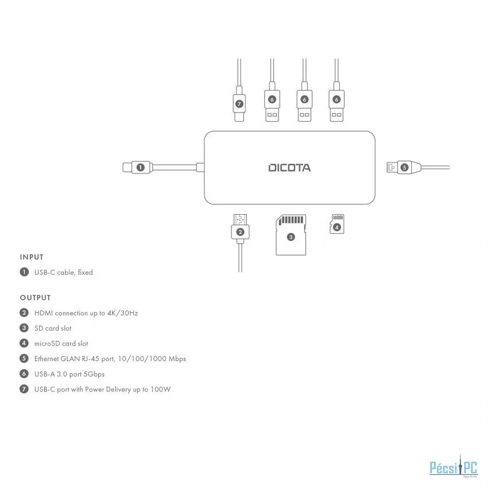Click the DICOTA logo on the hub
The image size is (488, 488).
click(289, 168)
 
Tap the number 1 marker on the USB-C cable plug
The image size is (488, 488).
click(140, 168)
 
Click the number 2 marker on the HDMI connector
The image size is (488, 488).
click(240, 232)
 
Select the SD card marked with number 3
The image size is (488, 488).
click(291, 235)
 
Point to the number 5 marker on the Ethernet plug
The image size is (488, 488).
click(404, 168)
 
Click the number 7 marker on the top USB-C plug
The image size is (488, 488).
click(239, 104)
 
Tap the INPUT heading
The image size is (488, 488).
click(32, 257)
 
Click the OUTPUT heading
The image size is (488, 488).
click(35, 297)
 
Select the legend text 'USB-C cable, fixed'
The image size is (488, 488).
click(63, 272)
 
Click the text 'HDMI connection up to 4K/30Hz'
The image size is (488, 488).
click(86, 313)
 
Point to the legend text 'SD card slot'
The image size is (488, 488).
click(53, 328)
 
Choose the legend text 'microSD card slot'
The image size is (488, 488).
click(61, 343)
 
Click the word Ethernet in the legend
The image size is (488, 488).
click(48, 359)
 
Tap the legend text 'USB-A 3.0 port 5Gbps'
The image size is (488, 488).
click(69, 374)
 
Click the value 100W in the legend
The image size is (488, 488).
click(162, 389)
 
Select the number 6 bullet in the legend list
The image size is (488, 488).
click(24, 374)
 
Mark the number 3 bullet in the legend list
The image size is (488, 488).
click(24, 328)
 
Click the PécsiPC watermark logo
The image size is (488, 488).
click(454, 468)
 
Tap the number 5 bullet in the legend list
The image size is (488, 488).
click(24, 359)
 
